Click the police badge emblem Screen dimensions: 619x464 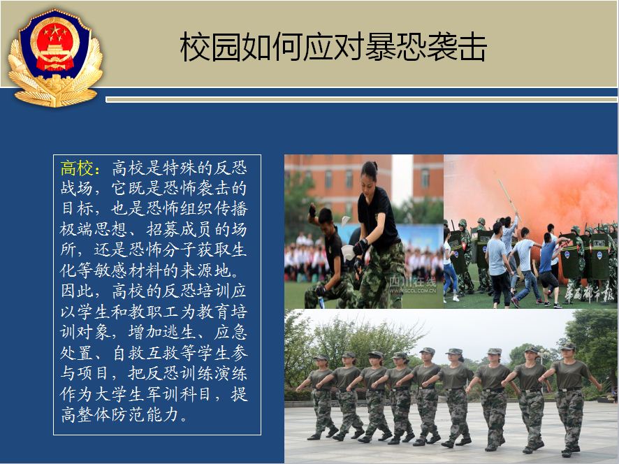point(55,58)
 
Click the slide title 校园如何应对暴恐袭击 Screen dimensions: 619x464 point(333,47)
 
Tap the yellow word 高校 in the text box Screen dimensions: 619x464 point(77,168)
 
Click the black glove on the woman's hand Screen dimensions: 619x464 point(360,247)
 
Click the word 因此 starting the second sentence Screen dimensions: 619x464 point(77,291)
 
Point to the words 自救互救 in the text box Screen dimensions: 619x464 point(146,353)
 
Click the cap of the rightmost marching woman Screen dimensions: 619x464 point(568,347)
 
